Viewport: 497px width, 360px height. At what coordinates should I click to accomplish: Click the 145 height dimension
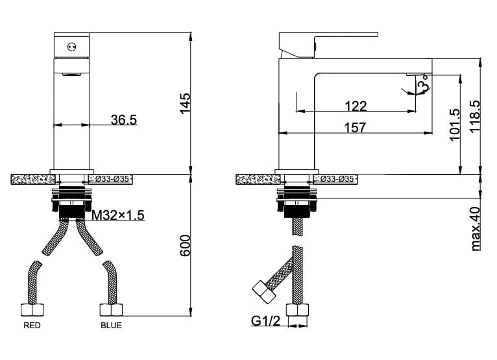[185, 103]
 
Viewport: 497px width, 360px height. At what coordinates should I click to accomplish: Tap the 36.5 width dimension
[124, 120]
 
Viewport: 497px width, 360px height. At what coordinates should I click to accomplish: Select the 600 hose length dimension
[185, 246]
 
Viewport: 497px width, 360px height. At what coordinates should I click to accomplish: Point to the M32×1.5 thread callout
[118, 215]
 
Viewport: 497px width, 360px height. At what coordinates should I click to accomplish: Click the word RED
[32, 325]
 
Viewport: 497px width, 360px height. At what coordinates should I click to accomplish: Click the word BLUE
[111, 325]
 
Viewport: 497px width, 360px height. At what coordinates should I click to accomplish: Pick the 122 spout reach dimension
[356, 106]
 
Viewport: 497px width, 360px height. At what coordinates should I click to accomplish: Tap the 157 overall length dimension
[355, 127]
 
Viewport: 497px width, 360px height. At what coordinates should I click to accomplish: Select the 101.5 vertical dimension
[455, 125]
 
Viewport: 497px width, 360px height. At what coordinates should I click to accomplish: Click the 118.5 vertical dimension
[475, 117]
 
